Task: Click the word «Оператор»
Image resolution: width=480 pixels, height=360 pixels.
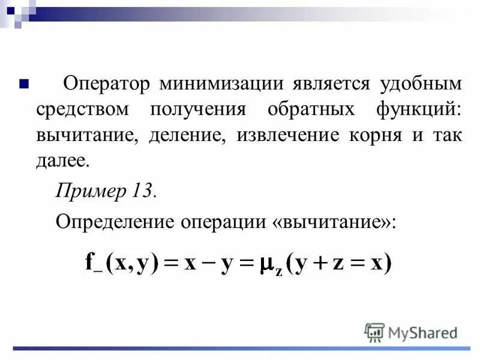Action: pos(105,83)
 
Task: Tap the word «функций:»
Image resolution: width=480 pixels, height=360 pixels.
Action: pos(418,109)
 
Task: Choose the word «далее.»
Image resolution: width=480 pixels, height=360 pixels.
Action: pos(64,161)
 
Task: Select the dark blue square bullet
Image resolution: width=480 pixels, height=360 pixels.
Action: pos(25,82)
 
